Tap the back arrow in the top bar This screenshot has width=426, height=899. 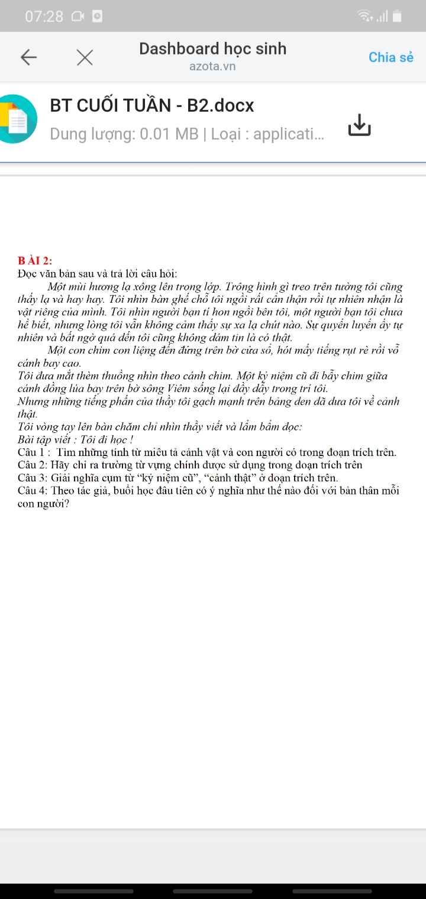(x=28, y=57)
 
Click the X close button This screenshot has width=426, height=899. (x=85, y=57)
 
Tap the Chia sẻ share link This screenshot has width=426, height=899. (x=390, y=57)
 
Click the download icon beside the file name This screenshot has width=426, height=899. (x=359, y=124)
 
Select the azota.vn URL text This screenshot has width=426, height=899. (x=212, y=66)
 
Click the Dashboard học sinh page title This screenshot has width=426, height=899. (x=212, y=48)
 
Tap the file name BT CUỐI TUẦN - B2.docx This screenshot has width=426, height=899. (x=152, y=105)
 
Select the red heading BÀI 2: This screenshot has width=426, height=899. (x=35, y=260)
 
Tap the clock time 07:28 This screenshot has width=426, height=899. (x=44, y=17)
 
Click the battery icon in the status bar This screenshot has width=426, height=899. (x=397, y=17)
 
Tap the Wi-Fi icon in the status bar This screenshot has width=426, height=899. (x=365, y=17)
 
